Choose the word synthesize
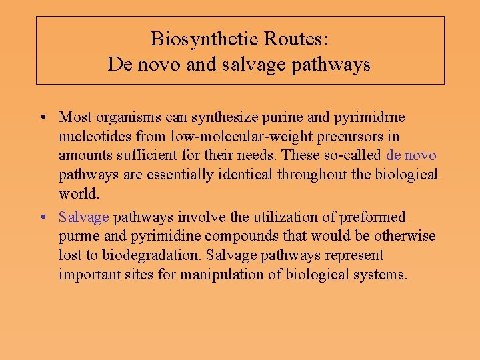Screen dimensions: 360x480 pos(223,118)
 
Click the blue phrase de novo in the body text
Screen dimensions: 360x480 pos(411,155)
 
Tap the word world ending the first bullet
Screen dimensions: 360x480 pos(78,193)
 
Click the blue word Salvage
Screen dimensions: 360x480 pos(83,217)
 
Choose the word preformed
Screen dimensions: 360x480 pos(377,217)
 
